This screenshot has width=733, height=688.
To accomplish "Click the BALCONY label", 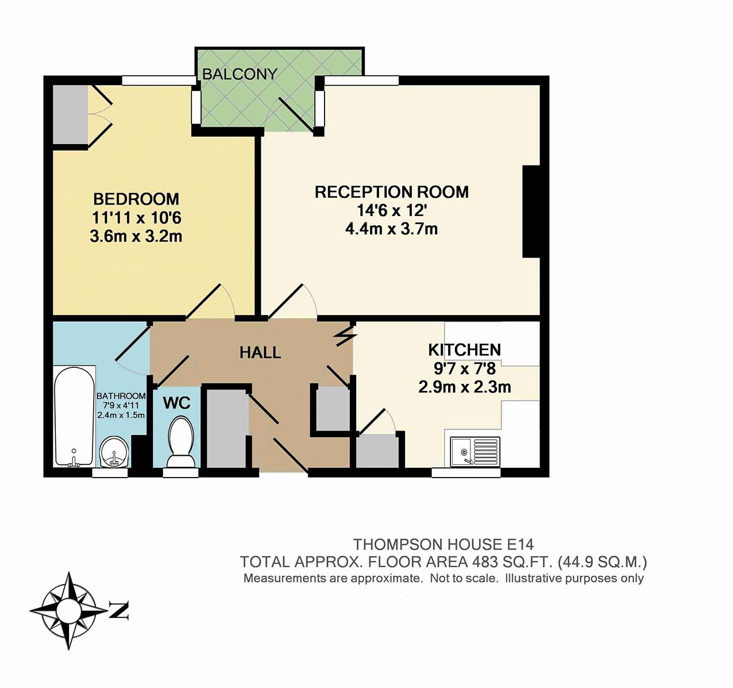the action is pos(240,74).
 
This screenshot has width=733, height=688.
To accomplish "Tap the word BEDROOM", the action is pos(136,199).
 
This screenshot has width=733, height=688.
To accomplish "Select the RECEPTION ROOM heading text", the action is pos(392,192).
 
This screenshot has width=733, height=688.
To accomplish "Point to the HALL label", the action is pos(260,352).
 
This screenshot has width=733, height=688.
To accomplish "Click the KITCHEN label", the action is pos(464,349).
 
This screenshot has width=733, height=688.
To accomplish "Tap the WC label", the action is pos(177,402).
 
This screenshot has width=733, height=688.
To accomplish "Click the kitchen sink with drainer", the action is pos(475,452).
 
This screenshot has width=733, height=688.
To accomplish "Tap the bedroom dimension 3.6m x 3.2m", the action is pos(136,236).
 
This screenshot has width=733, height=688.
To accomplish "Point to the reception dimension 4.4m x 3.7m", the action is pos(392,229).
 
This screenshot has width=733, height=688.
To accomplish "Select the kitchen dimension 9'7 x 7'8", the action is pos(465,368).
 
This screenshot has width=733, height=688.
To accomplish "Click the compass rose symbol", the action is pos(68,610).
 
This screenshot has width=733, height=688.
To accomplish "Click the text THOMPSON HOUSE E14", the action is pos(443,544).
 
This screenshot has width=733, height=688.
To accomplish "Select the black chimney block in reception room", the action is pos(531,211).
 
